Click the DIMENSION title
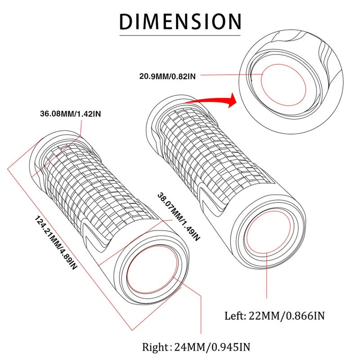point(180,22)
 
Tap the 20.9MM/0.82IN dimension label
point(167,76)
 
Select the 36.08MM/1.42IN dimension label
point(71,114)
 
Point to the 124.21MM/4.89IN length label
point(55,243)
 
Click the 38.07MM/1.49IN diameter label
point(179,217)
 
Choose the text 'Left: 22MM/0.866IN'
point(274,316)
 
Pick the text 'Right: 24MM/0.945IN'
point(196,346)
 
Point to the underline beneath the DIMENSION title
point(180,36)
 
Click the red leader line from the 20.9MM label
point(231,74)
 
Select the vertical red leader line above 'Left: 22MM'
point(267,275)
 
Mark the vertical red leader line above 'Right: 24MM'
point(201,315)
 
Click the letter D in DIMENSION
point(126,22)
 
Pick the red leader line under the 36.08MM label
point(81,127)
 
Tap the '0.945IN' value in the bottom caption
point(230,346)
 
